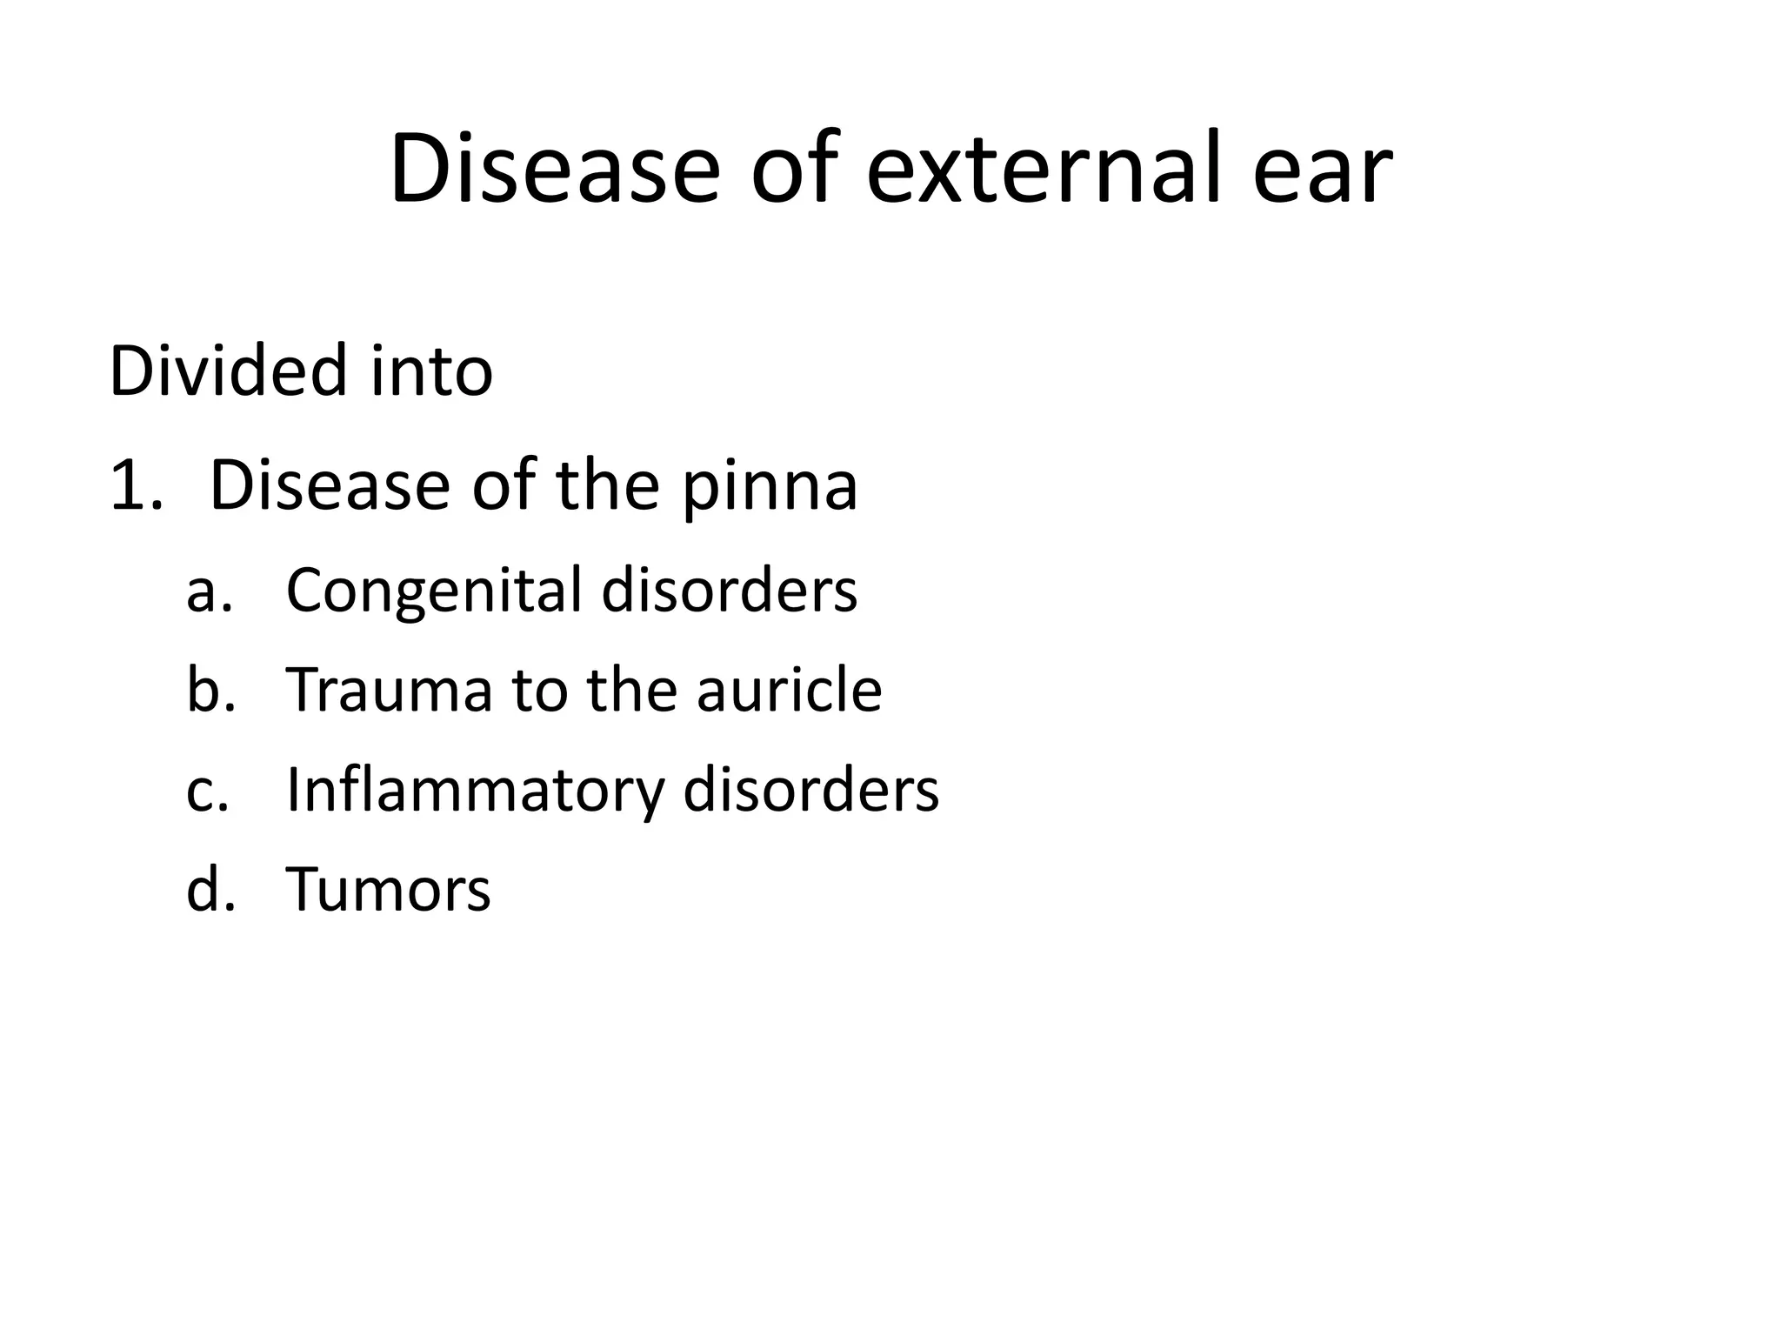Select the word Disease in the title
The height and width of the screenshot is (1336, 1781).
[x=554, y=169]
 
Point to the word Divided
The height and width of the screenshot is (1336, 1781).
[x=228, y=371]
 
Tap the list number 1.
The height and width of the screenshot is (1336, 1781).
[x=135, y=486]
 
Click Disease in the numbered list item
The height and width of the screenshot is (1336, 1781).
[x=330, y=486]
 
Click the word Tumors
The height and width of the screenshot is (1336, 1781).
[x=388, y=890]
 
